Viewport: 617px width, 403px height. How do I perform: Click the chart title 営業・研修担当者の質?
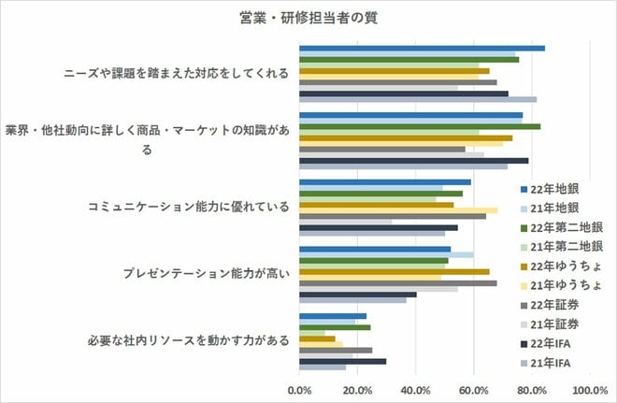(308, 17)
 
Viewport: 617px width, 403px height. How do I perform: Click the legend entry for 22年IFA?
(554, 343)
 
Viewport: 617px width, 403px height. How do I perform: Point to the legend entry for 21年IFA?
(554, 363)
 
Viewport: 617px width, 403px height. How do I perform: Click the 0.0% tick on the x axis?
(299, 390)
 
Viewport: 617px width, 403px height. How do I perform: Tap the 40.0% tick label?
(415, 390)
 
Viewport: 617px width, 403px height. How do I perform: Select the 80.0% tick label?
(532, 390)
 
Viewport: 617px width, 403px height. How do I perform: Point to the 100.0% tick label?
(589, 390)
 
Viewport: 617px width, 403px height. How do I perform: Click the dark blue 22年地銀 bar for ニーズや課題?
(421, 47)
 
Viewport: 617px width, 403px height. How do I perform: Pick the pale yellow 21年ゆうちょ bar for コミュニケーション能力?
(397, 210)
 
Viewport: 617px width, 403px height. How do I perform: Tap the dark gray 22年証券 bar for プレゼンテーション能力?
(397, 282)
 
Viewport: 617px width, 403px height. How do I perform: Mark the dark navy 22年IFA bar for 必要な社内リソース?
(342, 360)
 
